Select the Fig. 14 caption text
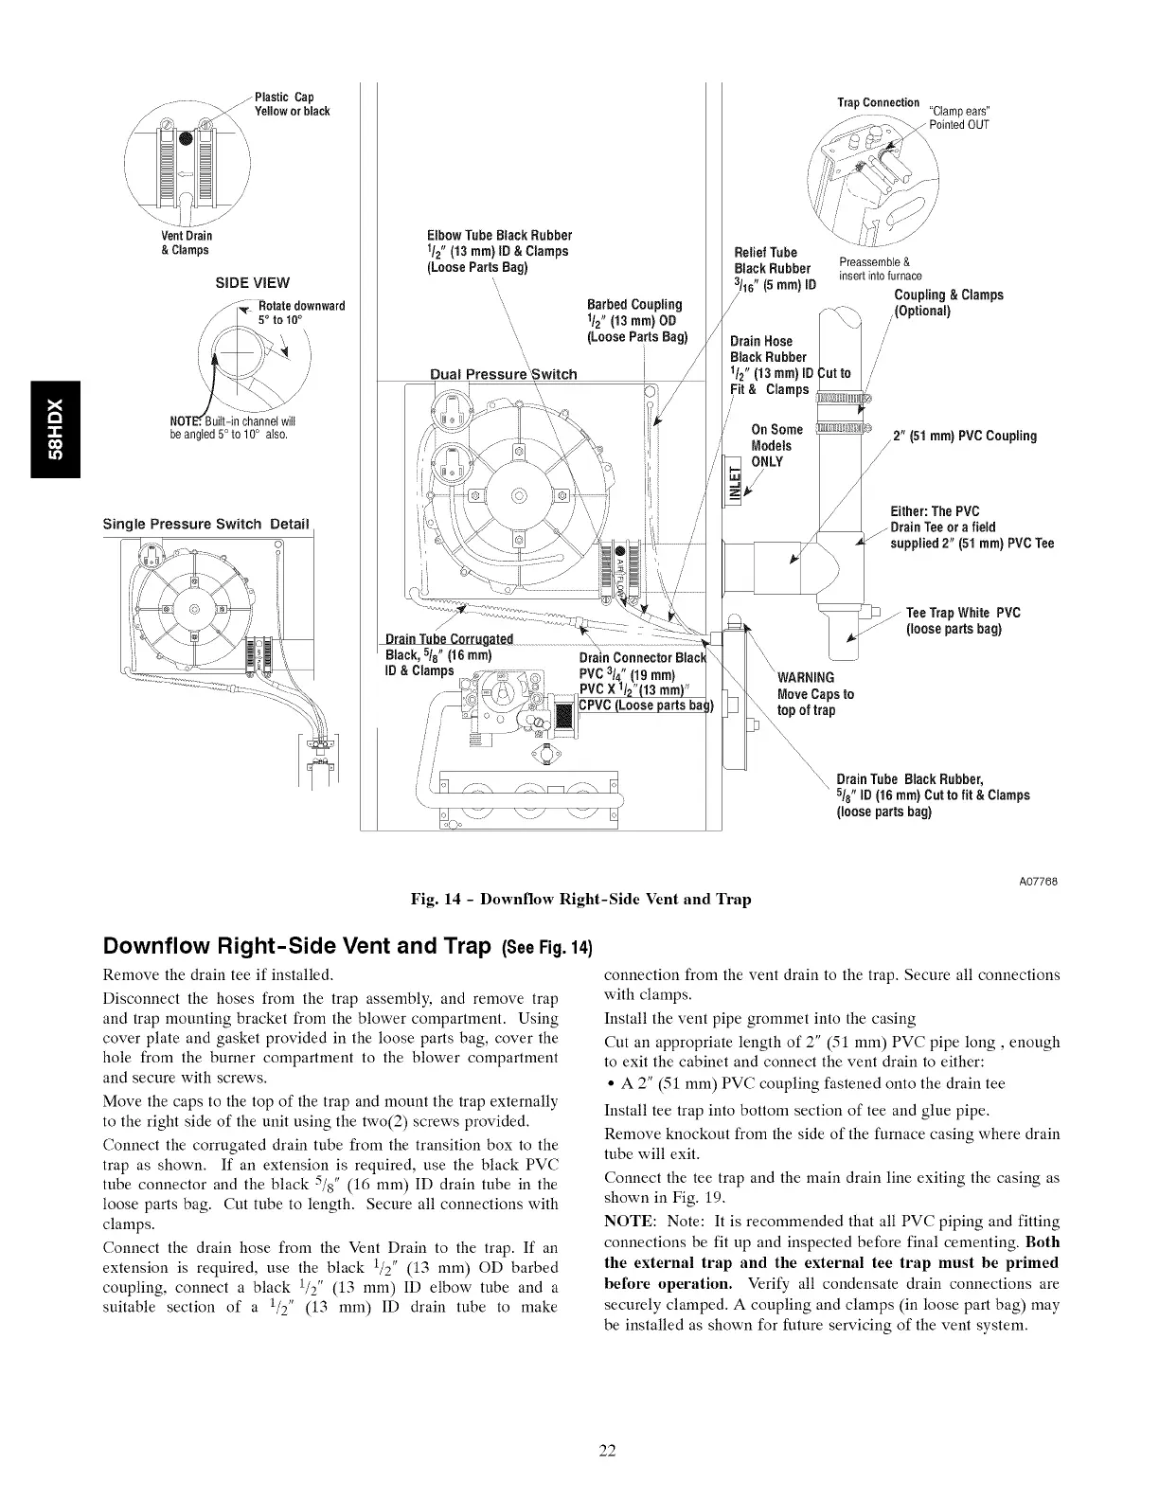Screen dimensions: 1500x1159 [580, 900]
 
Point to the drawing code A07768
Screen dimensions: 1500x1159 [1039, 882]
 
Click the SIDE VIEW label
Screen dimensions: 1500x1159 [254, 282]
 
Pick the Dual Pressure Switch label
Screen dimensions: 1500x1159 [503, 374]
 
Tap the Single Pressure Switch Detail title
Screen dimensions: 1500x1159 [206, 524]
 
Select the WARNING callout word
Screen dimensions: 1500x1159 [806, 677]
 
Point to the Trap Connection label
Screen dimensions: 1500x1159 [878, 102]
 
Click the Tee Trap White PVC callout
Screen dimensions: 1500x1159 [963, 620]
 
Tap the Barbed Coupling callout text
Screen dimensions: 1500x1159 [635, 320]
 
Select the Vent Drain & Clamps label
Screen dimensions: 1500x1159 [186, 242]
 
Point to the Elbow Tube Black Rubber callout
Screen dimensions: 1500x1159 [500, 251]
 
